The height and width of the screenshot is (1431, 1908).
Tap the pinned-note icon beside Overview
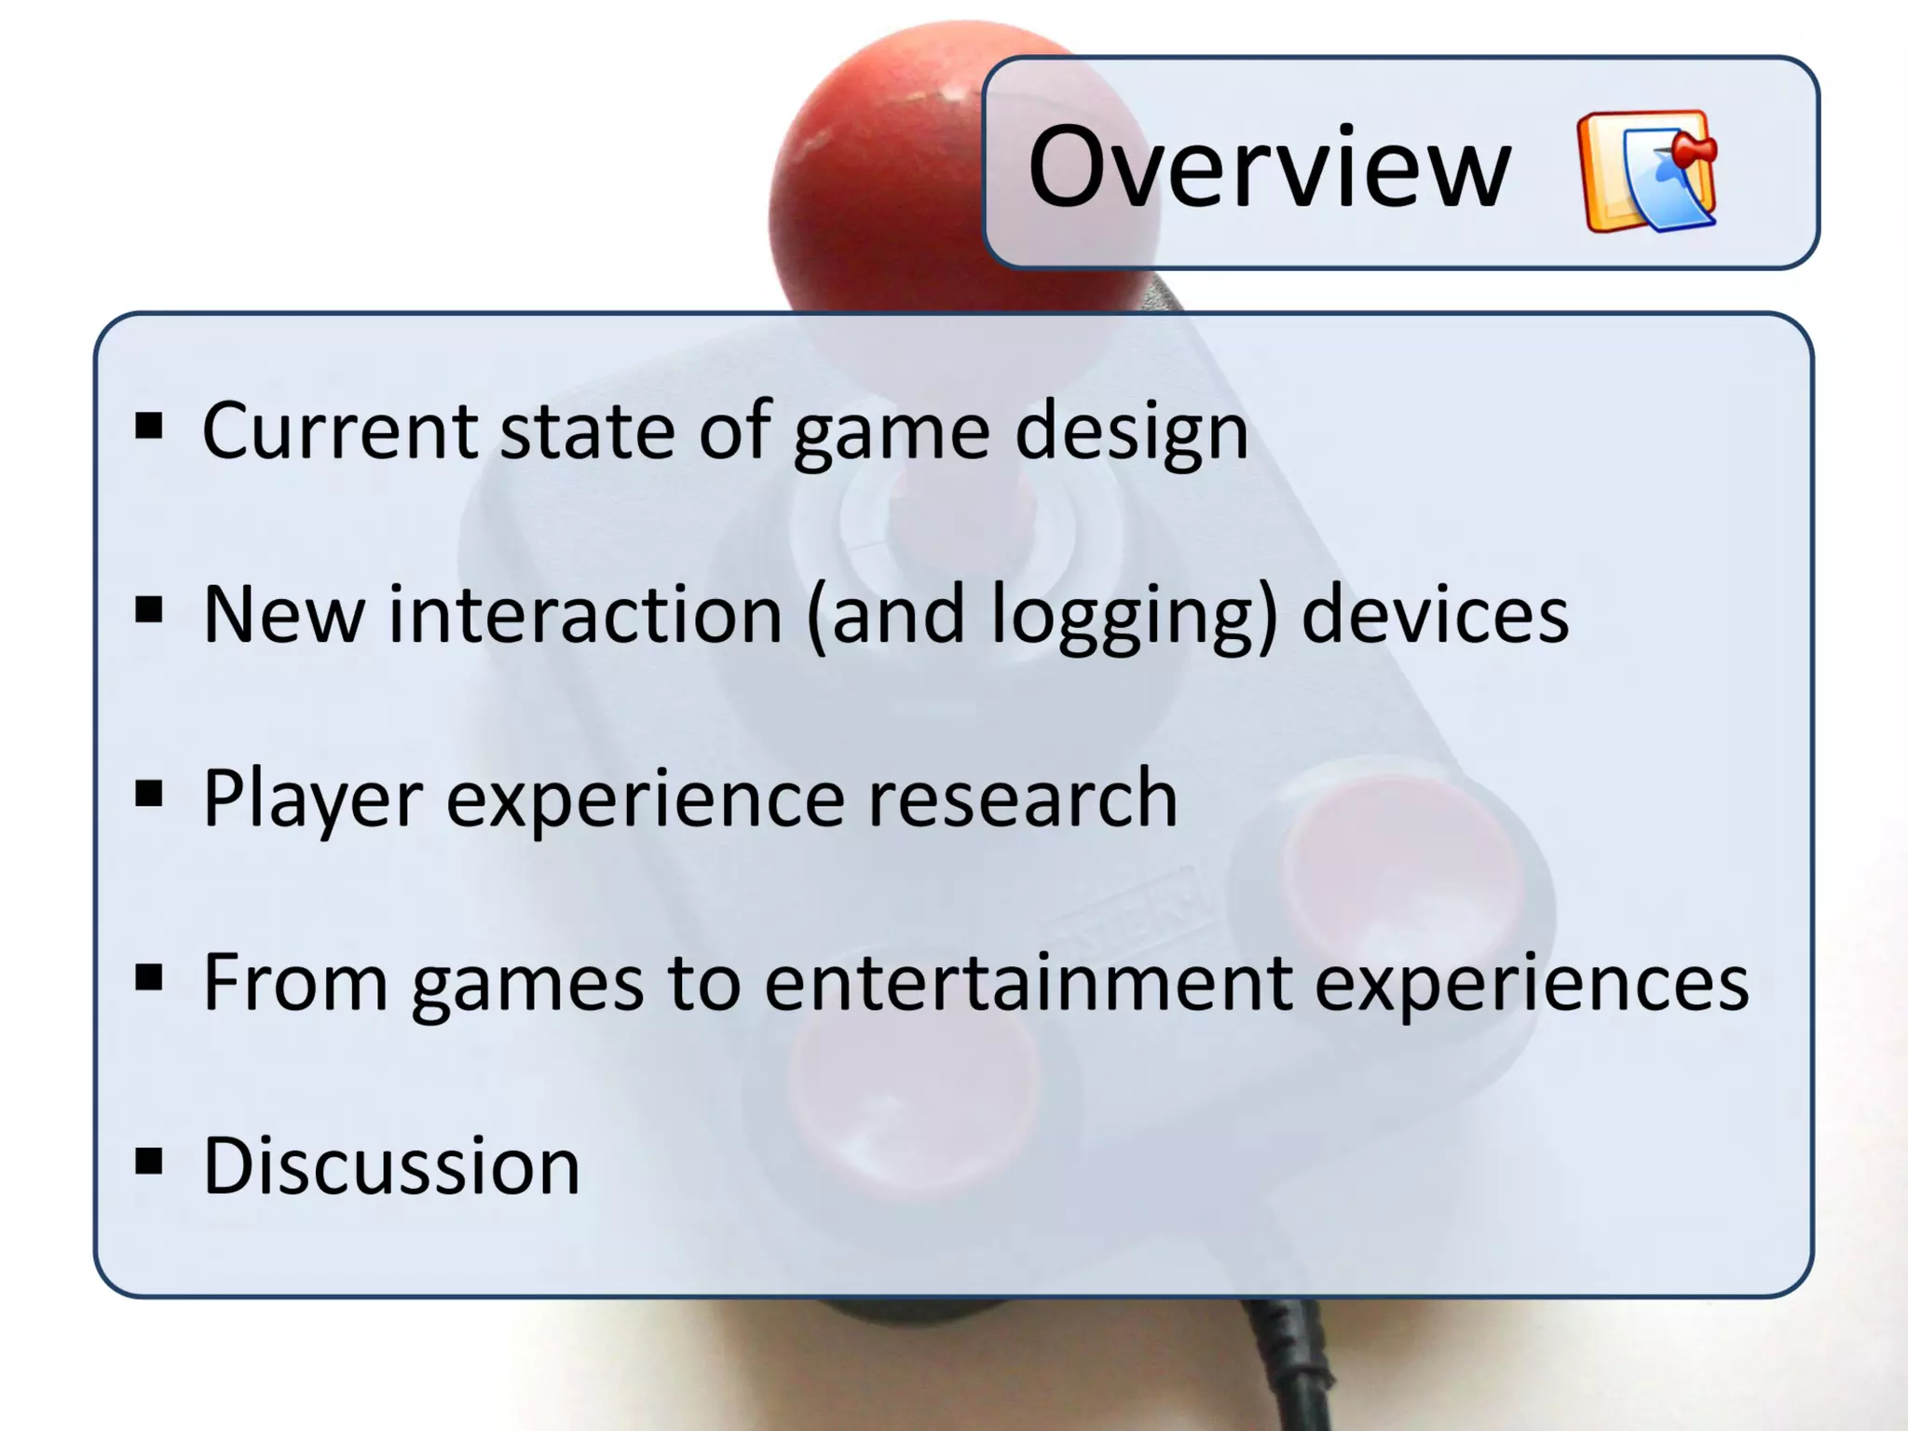coord(1647,171)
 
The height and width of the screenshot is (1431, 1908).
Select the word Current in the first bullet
coord(339,430)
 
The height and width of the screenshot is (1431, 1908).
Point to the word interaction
coord(585,615)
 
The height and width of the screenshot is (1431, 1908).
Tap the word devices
coord(1435,615)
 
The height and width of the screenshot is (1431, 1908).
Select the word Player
coord(312,799)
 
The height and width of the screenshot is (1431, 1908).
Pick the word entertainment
coord(1028,982)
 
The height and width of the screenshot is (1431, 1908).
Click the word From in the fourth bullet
coord(294,982)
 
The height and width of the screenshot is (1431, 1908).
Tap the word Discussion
coord(391,1165)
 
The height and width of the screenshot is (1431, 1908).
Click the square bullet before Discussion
coord(149,1161)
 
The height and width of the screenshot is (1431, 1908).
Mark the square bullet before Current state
coord(149,427)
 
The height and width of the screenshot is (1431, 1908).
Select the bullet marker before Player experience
coord(149,794)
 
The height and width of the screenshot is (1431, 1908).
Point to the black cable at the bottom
coord(1295,1370)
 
